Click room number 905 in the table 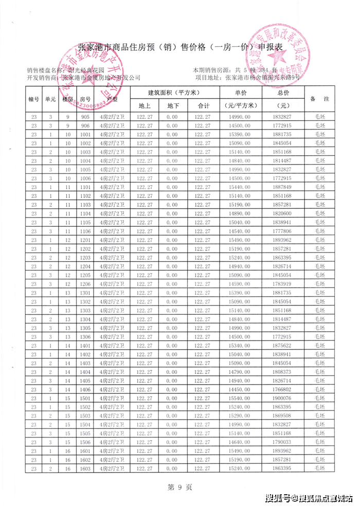click(x=85, y=117)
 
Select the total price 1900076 click(x=283, y=398)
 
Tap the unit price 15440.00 click(x=241, y=187)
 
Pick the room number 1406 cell click(x=85, y=389)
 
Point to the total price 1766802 click(x=283, y=389)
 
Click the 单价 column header click(x=241, y=93)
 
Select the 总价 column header click(x=283, y=93)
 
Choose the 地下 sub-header click(x=173, y=105)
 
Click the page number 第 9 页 click(x=180, y=486)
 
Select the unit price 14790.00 click(x=241, y=372)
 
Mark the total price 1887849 click(x=283, y=187)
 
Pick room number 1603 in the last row click(x=85, y=468)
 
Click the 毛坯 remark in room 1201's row click(x=320, y=240)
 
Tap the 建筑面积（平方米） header click(x=174, y=93)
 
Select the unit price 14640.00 click(x=241, y=442)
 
